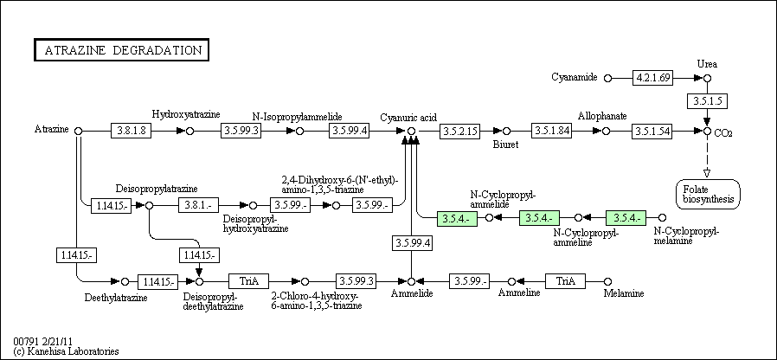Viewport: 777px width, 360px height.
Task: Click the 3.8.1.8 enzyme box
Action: (x=131, y=131)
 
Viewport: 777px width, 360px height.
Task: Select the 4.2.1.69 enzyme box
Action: (x=653, y=78)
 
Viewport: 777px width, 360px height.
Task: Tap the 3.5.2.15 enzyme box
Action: (x=459, y=131)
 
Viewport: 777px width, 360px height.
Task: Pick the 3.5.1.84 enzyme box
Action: (x=552, y=131)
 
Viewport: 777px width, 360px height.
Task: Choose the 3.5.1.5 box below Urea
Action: (x=707, y=101)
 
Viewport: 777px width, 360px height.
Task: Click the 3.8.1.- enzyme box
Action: (x=198, y=205)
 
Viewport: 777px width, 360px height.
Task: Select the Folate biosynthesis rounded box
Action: (x=708, y=194)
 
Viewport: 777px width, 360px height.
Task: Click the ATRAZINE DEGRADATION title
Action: (x=121, y=50)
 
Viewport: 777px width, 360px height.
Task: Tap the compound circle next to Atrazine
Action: (x=78, y=131)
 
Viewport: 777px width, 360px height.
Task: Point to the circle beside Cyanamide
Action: (x=608, y=78)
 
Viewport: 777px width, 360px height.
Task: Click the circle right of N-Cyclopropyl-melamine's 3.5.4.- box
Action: (x=662, y=217)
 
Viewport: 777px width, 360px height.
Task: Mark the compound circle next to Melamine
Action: (x=608, y=281)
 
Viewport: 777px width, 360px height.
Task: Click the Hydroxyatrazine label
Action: (x=186, y=114)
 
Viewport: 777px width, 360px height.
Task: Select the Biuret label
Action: (x=505, y=145)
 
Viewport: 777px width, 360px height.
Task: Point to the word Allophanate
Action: (x=602, y=116)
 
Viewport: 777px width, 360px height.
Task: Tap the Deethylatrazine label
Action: (x=116, y=298)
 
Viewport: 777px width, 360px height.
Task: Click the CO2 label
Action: (x=723, y=133)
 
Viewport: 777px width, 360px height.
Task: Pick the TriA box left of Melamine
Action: (x=565, y=281)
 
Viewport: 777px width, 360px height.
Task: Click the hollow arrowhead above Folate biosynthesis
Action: (x=707, y=172)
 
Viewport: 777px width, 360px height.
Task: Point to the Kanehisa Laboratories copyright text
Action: (x=67, y=351)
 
